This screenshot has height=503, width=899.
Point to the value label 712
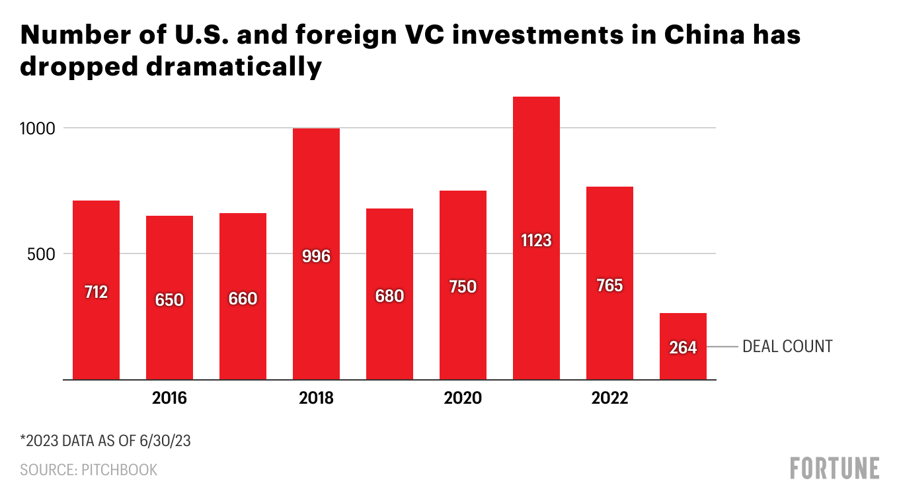point(96,291)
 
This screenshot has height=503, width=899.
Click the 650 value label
point(169,300)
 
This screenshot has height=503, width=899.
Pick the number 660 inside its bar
point(243,299)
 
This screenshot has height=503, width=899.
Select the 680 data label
point(389,296)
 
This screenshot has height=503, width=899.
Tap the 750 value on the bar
point(463,287)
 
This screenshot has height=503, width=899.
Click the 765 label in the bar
point(609,285)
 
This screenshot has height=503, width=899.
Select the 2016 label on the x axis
point(169,398)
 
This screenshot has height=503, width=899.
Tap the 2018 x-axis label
point(316,398)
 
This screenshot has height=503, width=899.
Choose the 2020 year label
point(463,398)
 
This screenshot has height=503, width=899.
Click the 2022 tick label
point(609,398)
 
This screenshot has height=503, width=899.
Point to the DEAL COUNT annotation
point(787,346)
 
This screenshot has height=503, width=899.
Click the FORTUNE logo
point(835,468)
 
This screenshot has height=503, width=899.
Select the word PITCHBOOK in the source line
point(120,470)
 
